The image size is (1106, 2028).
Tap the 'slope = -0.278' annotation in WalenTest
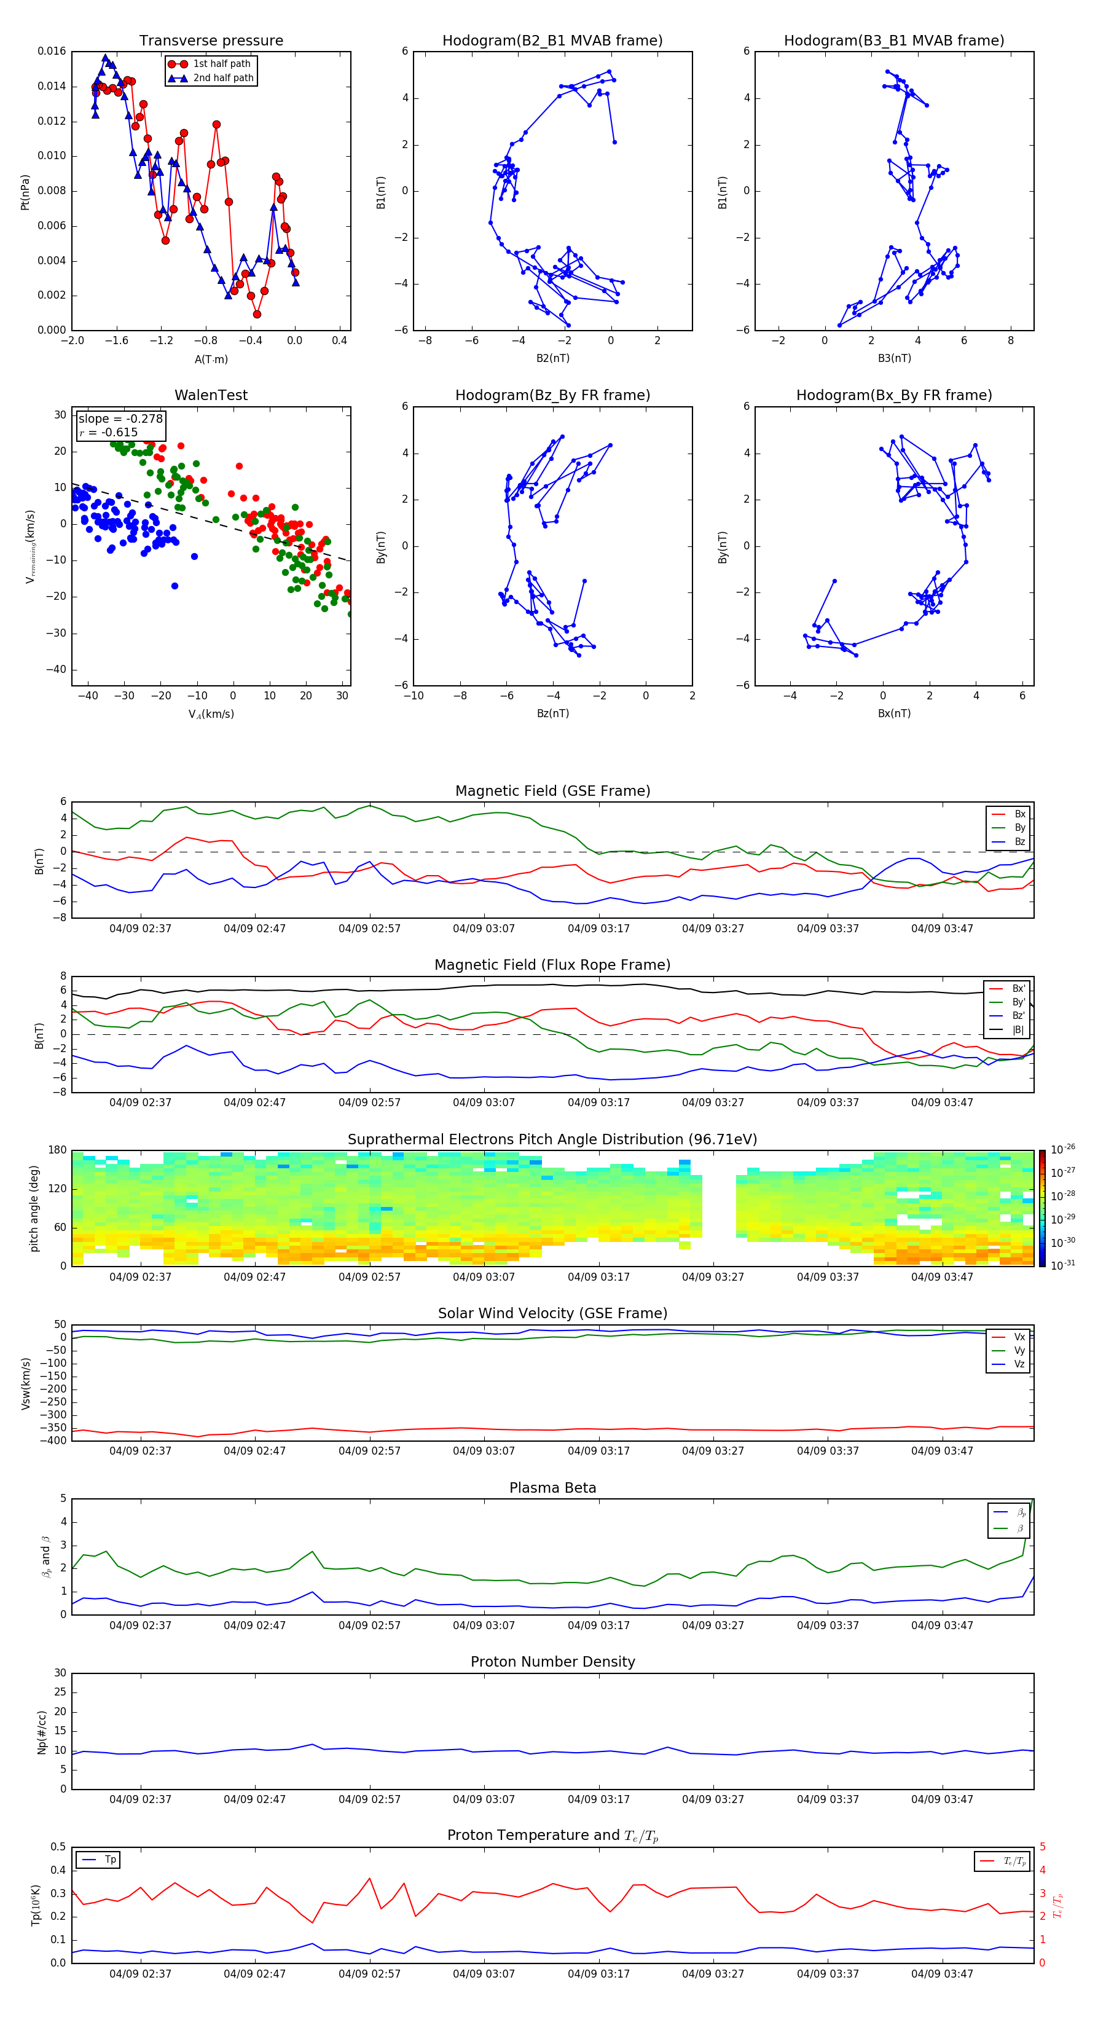coord(120,419)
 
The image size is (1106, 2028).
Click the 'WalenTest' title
coord(211,395)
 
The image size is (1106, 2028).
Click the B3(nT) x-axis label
coord(894,358)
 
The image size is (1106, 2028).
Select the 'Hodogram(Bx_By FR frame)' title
coord(893,395)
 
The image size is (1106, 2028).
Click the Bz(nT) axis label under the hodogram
coord(552,713)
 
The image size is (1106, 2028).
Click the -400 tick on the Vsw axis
coord(55,1440)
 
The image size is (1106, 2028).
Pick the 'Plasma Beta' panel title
coord(552,1488)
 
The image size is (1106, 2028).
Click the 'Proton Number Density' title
coord(552,1662)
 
